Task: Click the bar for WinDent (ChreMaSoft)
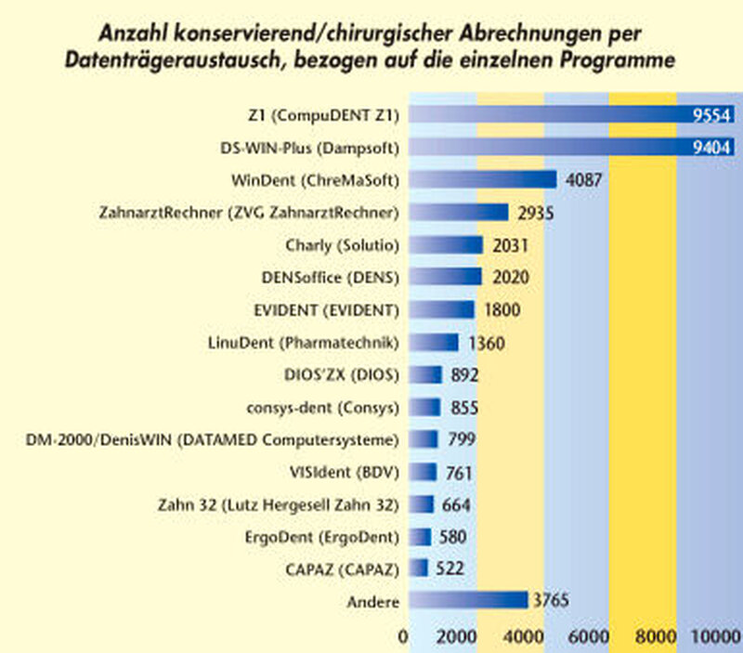(482, 179)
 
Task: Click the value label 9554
(711, 115)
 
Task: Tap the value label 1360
(486, 344)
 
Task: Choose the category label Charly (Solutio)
(343, 245)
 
